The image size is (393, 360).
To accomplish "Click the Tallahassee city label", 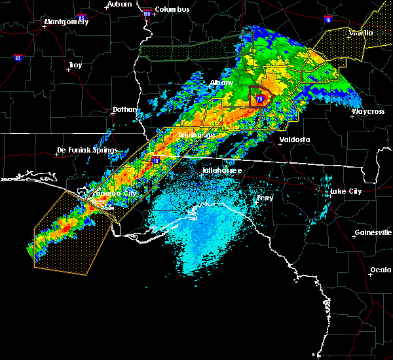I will pyautogui.click(x=221, y=170).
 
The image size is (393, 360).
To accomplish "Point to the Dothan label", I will pyautogui.click(x=124, y=109).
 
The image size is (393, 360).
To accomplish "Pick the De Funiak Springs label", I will pyautogui.click(x=87, y=150).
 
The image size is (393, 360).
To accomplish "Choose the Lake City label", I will pyautogui.click(x=346, y=191).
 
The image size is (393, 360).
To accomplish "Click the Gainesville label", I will pyautogui.click(x=373, y=232).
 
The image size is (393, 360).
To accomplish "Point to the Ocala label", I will pyautogui.click(x=381, y=270).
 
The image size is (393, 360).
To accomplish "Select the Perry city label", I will pyautogui.click(x=265, y=197).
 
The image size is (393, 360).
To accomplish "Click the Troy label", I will pyautogui.click(x=75, y=65).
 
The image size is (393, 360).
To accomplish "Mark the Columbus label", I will pyautogui.click(x=172, y=9).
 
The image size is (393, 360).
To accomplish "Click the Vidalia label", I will pyautogui.click(x=361, y=33).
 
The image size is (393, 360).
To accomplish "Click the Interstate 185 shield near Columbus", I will pyautogui.click(x=146, y=12).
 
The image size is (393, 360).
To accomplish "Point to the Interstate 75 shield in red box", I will pyautogui.click(x=259, y=99).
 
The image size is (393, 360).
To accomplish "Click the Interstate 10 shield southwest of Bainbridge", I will pyautogui.click(x=156, y=159).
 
